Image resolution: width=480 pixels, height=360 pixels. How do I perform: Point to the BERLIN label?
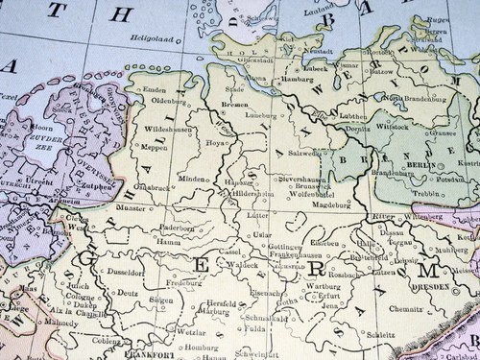tap(417, 165)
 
